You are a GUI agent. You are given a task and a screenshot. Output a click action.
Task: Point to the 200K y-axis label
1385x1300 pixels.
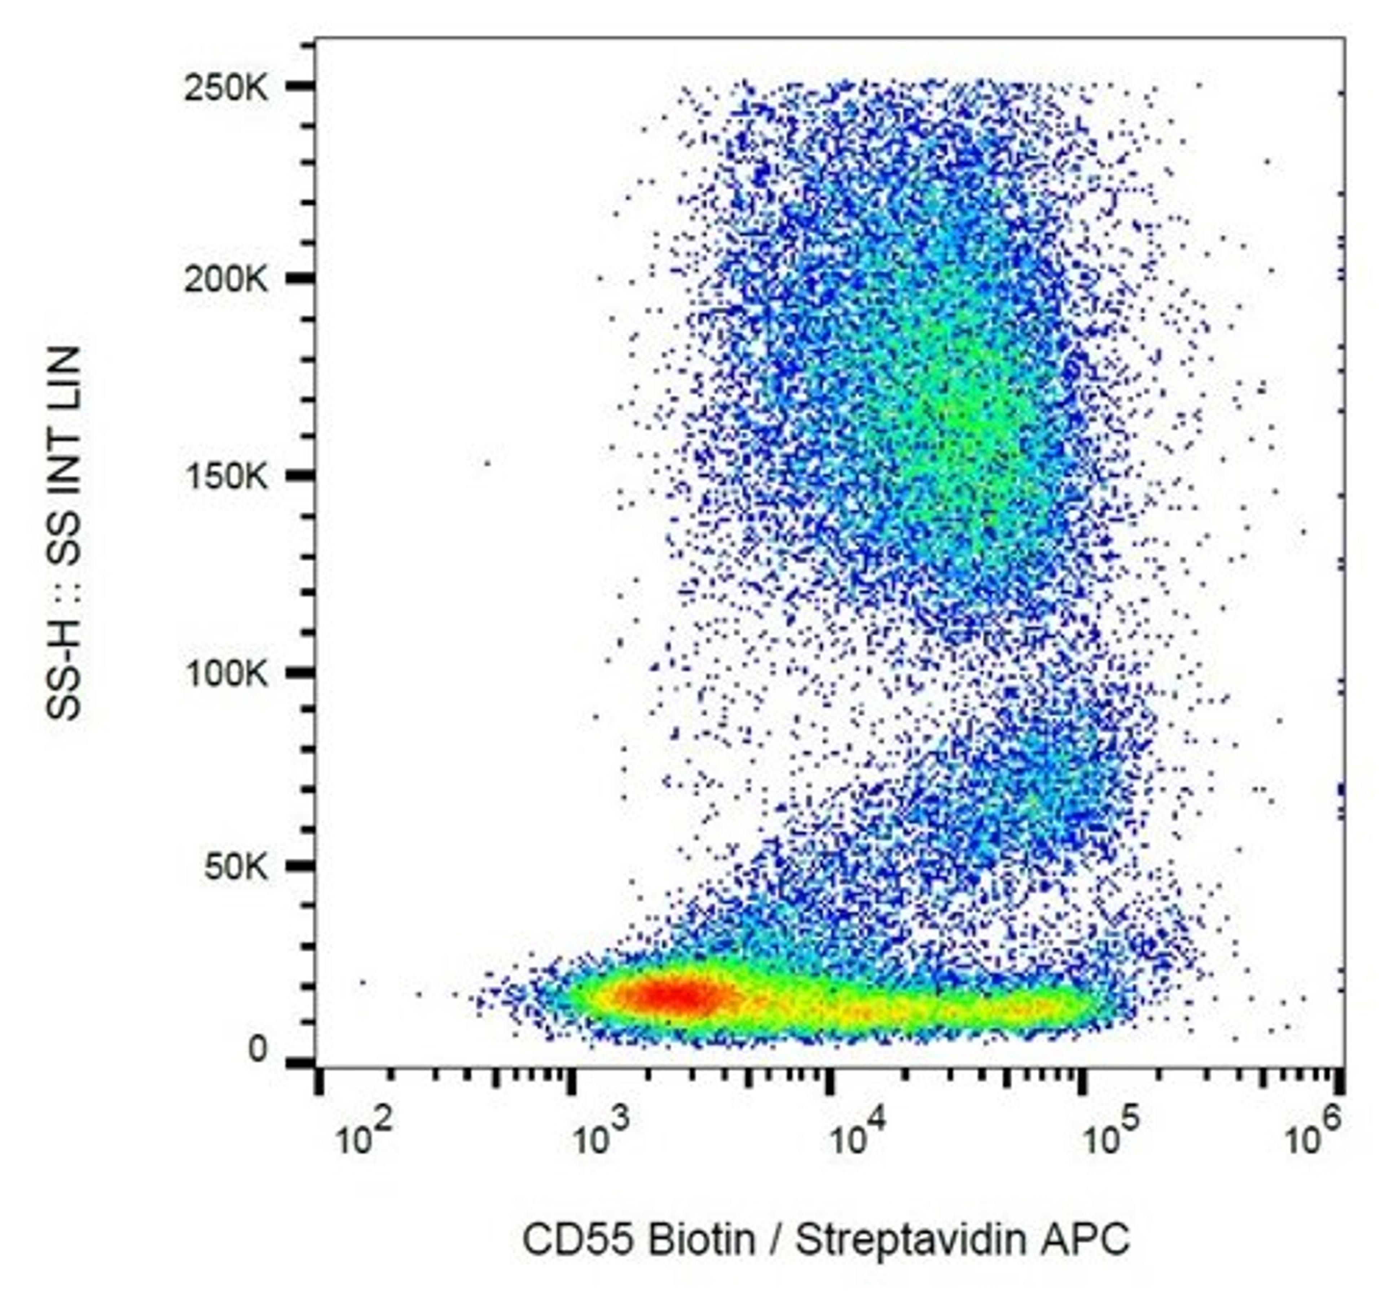coord(225,280)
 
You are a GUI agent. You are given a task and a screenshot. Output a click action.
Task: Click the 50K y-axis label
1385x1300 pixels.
coord(235,868)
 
